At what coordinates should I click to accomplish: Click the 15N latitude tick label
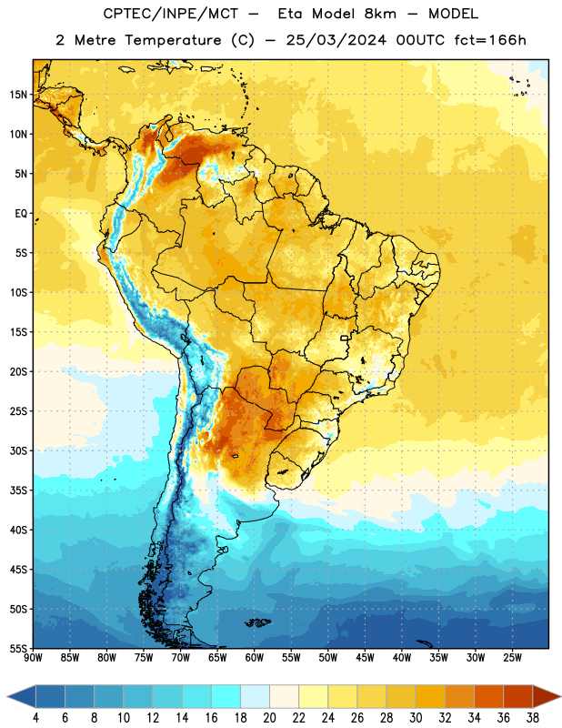(x=18, y=95)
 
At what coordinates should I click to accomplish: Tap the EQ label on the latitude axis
(x=21, y=214)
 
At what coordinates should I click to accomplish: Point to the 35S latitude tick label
(x=18, y=490)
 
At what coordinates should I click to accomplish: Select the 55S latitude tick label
(x=18, y=648)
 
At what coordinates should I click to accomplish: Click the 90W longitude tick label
(x=33, y=657)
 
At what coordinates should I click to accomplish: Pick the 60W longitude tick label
(x=255, y=657)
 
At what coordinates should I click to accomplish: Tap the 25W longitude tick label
(x=512, y=657)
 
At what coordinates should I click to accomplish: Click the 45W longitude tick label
(x=365, y=657)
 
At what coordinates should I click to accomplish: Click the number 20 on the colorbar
(x=269, y=718)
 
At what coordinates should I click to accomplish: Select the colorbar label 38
(x=532, y=718)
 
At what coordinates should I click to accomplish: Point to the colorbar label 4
(x=35, y=718)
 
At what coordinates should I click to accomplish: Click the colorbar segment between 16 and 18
(x=226, y=696)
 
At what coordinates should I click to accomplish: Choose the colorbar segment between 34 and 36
(x=488, y=696)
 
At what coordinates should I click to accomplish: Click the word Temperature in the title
(x=174, y=40)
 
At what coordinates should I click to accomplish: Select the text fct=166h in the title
(x=490, y=40)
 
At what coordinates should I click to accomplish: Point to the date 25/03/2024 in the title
(x=336, y=40)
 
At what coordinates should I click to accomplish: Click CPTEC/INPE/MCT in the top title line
(x=171, y=14)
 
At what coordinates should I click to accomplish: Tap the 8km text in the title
(x=380, y=14)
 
